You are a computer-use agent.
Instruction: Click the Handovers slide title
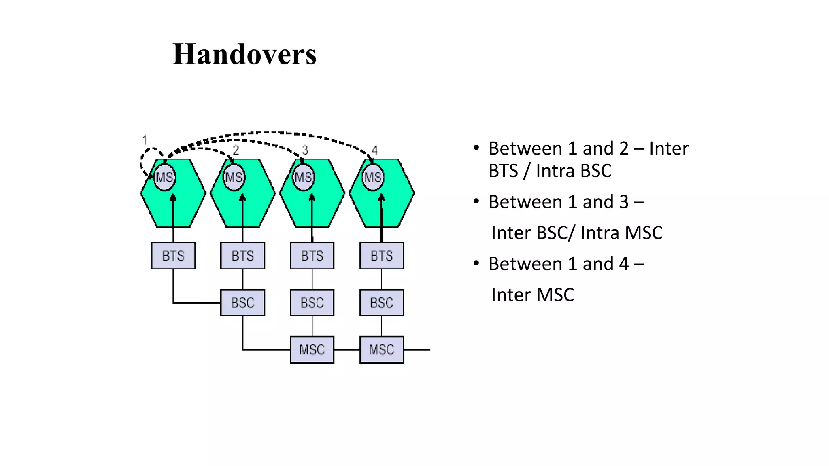tap(244, 54)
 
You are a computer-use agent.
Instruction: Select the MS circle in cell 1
tap(165, 177)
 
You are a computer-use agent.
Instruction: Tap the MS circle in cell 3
tap(304, 177)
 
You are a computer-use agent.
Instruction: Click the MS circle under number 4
tap(373, 177)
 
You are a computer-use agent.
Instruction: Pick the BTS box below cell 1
tap(173, 256)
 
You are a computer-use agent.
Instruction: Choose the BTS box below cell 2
tap(242, 256)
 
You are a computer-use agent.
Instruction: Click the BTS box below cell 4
tap(382, 256)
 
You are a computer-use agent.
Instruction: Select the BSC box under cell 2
tap(242, 303)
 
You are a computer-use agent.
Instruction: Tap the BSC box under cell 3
tap(312, 303)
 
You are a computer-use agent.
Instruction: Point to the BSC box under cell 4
tap(382, 303)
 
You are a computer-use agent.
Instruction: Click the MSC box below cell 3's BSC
tap(312, 349)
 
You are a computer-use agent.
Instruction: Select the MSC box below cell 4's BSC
tap(382, 349)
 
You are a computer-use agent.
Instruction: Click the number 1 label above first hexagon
tap(145, 140)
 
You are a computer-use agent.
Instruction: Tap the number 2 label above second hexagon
tap(236, 150)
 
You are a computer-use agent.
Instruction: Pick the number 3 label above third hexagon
tap(305, 150)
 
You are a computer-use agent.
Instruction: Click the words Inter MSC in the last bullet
tap(533, 295)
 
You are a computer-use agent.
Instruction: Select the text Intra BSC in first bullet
tap(574, 171)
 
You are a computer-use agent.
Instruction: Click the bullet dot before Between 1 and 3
tap(476, 201)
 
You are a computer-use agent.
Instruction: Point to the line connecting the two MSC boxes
tap(347, 349)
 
